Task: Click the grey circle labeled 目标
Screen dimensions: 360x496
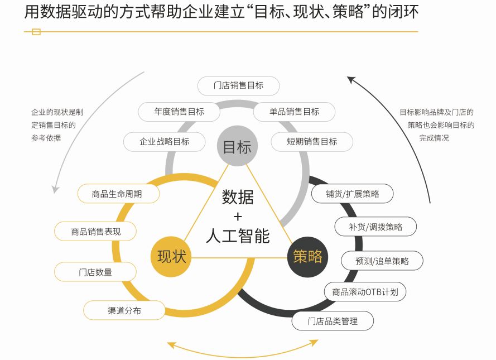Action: [237, 146]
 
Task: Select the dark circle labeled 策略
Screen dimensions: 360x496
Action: [307, 256]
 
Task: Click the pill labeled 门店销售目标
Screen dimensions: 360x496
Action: [238, 85]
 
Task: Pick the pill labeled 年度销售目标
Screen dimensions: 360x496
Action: [179, 111]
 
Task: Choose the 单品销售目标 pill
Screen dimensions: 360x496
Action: [294, 112]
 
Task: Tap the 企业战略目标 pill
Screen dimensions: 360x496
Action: [165, 141]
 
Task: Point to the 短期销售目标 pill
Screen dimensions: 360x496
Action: [312, 141]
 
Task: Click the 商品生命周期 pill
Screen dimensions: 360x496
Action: [118, 194]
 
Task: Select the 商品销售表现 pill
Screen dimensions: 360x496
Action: [95, 231]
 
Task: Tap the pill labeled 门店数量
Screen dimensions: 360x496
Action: [95, 272]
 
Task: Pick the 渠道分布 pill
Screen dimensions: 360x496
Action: [124, 310]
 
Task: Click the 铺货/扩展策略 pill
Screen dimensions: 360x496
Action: [353, 194]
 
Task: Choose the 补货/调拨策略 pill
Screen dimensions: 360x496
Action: [375, 227]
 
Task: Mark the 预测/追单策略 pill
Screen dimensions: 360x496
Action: [382, 261]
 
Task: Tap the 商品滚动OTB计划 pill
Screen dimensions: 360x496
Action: [365, 291]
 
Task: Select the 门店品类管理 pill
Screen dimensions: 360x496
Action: [333, 321]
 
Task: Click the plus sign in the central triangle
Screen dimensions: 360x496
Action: [238, 216]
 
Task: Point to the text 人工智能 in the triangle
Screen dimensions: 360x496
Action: [238, 235]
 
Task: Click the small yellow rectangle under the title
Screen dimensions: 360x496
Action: [36, 32]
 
